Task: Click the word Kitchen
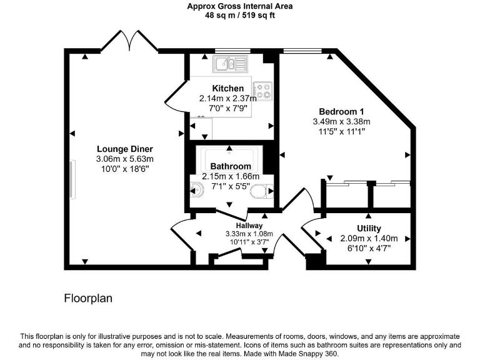(x=228, y=88)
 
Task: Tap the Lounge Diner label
(x=124, y=149)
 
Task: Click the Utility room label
(x=369, y=229)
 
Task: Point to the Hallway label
(x=249, y=226)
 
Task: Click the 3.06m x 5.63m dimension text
(x=124, y=159)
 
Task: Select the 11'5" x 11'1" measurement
(x=341, y=132)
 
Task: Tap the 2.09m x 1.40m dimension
(x=369, y=239)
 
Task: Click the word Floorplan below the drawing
(x=88, y=298)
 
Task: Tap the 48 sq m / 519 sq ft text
(x=240, y=16)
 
